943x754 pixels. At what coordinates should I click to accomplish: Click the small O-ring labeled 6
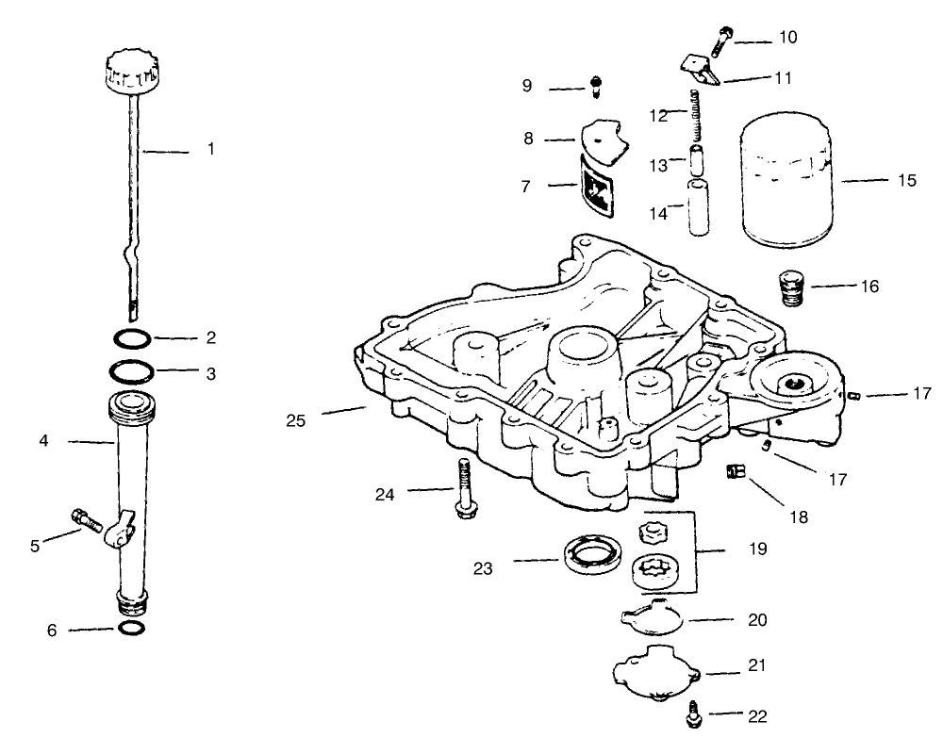point(132,629)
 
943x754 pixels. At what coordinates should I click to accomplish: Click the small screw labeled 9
point(596,86)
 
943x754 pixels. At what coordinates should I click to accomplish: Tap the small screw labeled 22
point(691,718)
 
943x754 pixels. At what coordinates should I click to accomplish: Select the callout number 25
point(295,420)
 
